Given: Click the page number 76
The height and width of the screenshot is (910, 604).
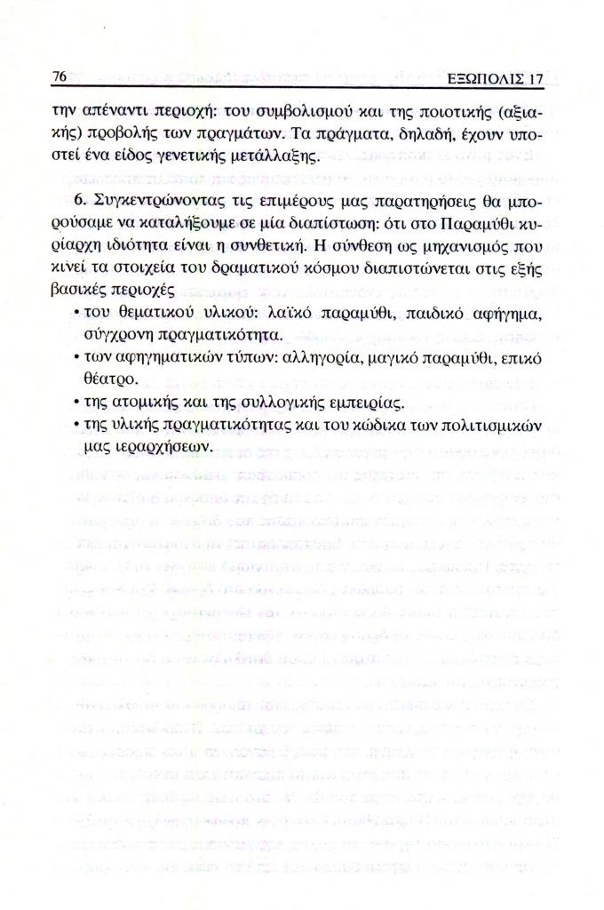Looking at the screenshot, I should tap(60, 78).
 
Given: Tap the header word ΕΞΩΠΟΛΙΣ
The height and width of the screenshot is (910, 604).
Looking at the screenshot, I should tap(477, 79).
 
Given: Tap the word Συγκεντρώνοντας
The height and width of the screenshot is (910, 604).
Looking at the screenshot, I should tap(162, 196).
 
